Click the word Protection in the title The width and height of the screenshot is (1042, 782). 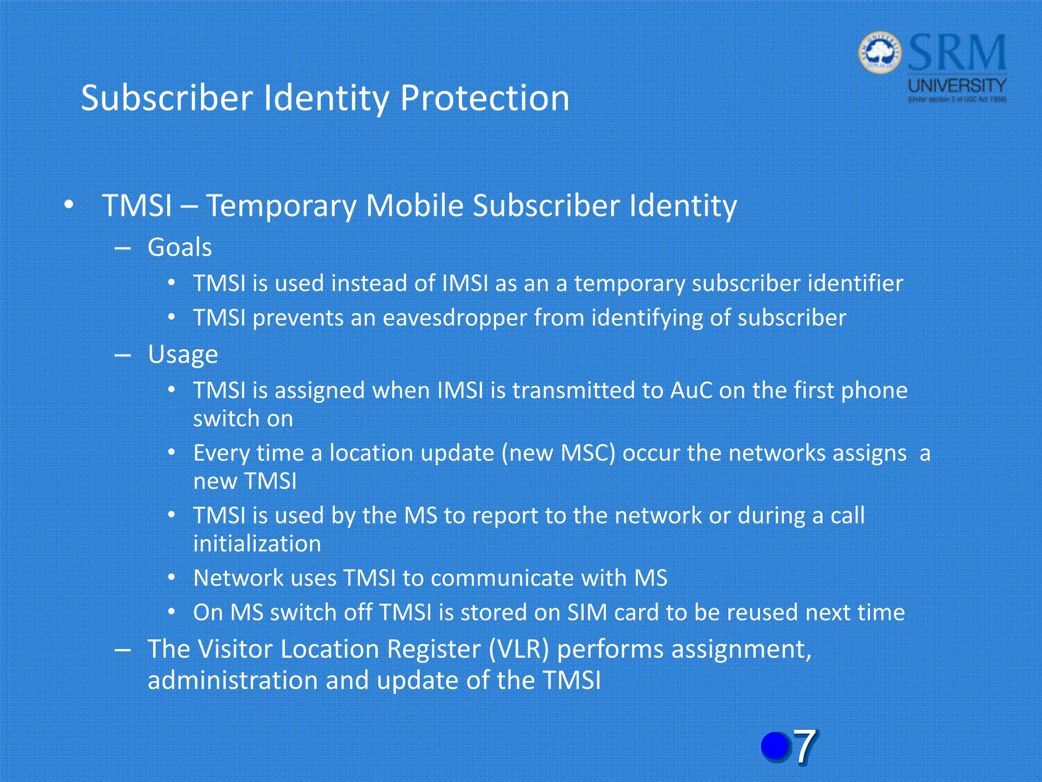tap(484, 98)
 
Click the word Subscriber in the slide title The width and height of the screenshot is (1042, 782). tap(167, 98)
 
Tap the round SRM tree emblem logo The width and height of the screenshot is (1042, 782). tap(880, 52)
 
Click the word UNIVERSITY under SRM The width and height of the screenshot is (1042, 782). tap(957, 86)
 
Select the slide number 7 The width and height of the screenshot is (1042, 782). tap(804, 746)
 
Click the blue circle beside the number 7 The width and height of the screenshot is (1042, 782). tap(775, 746)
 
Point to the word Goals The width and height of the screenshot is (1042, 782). tap(180, 248)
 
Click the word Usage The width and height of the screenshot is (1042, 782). tap(183, 355)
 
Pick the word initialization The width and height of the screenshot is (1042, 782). tap(257, 544)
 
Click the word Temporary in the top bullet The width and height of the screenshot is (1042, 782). tap(281, 206)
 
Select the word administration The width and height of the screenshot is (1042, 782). tap(233, 681)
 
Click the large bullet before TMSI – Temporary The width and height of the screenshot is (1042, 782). tap(69, 206)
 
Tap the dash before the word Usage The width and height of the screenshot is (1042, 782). tap(123, 355)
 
